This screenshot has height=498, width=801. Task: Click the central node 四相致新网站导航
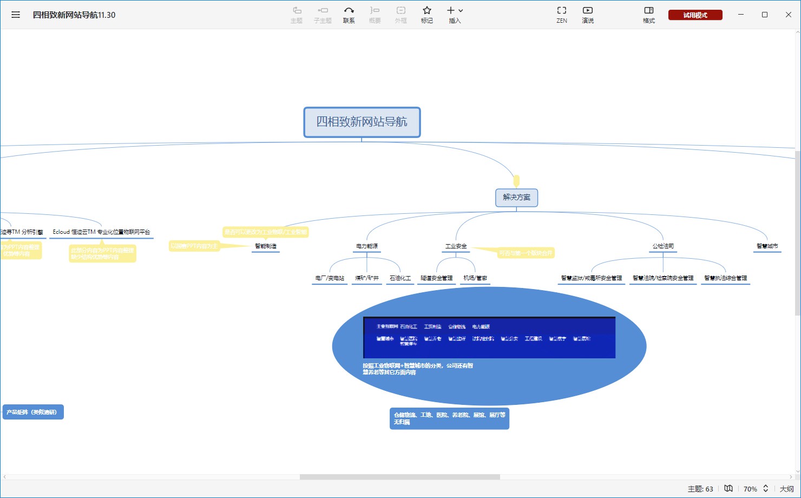362,122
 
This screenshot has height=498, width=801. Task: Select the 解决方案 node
516,198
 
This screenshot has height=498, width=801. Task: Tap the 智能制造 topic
266,246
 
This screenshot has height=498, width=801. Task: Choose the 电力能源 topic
367,246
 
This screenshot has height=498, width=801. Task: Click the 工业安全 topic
456,246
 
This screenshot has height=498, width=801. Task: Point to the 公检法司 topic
663,246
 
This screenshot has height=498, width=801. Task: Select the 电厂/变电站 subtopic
330,278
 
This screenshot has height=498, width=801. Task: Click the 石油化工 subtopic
400,278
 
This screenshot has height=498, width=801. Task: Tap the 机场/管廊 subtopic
475,278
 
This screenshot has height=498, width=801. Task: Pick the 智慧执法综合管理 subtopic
725,278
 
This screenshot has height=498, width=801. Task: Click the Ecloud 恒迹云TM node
101,232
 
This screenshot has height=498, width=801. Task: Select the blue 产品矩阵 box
32,412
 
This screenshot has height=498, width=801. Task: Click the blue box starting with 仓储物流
449,418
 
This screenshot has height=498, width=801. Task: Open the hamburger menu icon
16,15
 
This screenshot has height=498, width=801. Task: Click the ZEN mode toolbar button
562,15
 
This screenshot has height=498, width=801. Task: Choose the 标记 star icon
426,15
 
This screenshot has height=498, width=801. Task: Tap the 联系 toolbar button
349,15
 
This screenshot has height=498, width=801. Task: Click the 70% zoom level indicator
750,489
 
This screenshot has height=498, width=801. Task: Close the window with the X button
789,15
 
